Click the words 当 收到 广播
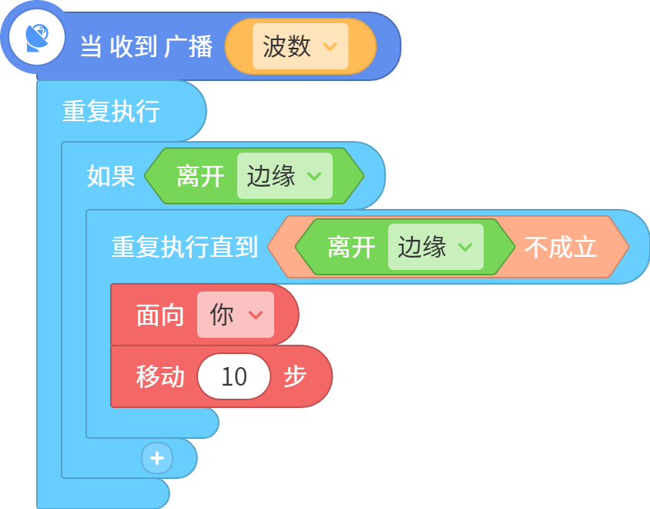[146, 46]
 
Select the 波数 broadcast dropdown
[300, 46]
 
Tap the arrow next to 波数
[330, 46]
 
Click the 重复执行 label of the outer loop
[111, 111]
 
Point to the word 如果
[111, 176]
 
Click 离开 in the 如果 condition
[201, 176]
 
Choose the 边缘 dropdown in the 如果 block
[285, 176]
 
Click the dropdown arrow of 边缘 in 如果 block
[314, 177]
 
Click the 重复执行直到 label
[185, 247]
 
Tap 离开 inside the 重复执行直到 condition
[351, 247]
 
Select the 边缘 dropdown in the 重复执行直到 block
[436, 247]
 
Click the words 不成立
[561, 247]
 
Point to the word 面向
[160, 315]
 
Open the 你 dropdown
[236, 315]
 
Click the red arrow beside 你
[256, 315]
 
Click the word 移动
[160, 376]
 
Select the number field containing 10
[234, 376]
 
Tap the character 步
[295, 376]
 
